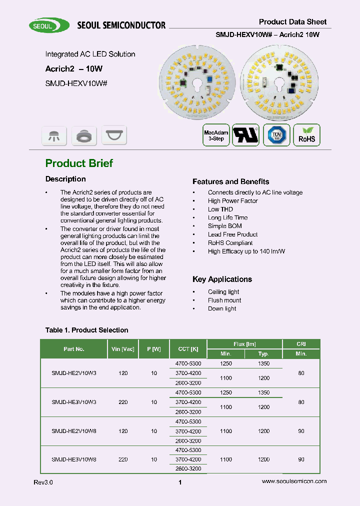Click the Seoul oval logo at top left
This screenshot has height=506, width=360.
49,25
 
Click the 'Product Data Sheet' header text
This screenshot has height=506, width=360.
292,21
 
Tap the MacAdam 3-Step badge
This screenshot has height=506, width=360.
216,135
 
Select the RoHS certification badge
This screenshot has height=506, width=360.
306,135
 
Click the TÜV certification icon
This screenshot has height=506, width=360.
276,135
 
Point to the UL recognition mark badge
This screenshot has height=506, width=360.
246,135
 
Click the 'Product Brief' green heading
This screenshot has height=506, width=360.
79,163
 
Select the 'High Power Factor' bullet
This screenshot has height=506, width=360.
232,201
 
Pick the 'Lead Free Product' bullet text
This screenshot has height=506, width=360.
232,234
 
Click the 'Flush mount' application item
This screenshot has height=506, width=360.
224,300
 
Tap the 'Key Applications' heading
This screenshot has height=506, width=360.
222,279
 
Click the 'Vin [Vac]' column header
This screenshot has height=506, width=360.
121,349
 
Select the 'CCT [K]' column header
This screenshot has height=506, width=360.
188,349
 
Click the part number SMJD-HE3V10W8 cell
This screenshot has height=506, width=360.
74,459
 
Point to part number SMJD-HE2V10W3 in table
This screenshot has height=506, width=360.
74,373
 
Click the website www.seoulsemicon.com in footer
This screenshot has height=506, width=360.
294,481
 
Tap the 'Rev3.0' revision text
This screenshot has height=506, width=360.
43,482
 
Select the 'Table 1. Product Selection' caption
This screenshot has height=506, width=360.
86,330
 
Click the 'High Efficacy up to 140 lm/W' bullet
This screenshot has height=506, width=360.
246,251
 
